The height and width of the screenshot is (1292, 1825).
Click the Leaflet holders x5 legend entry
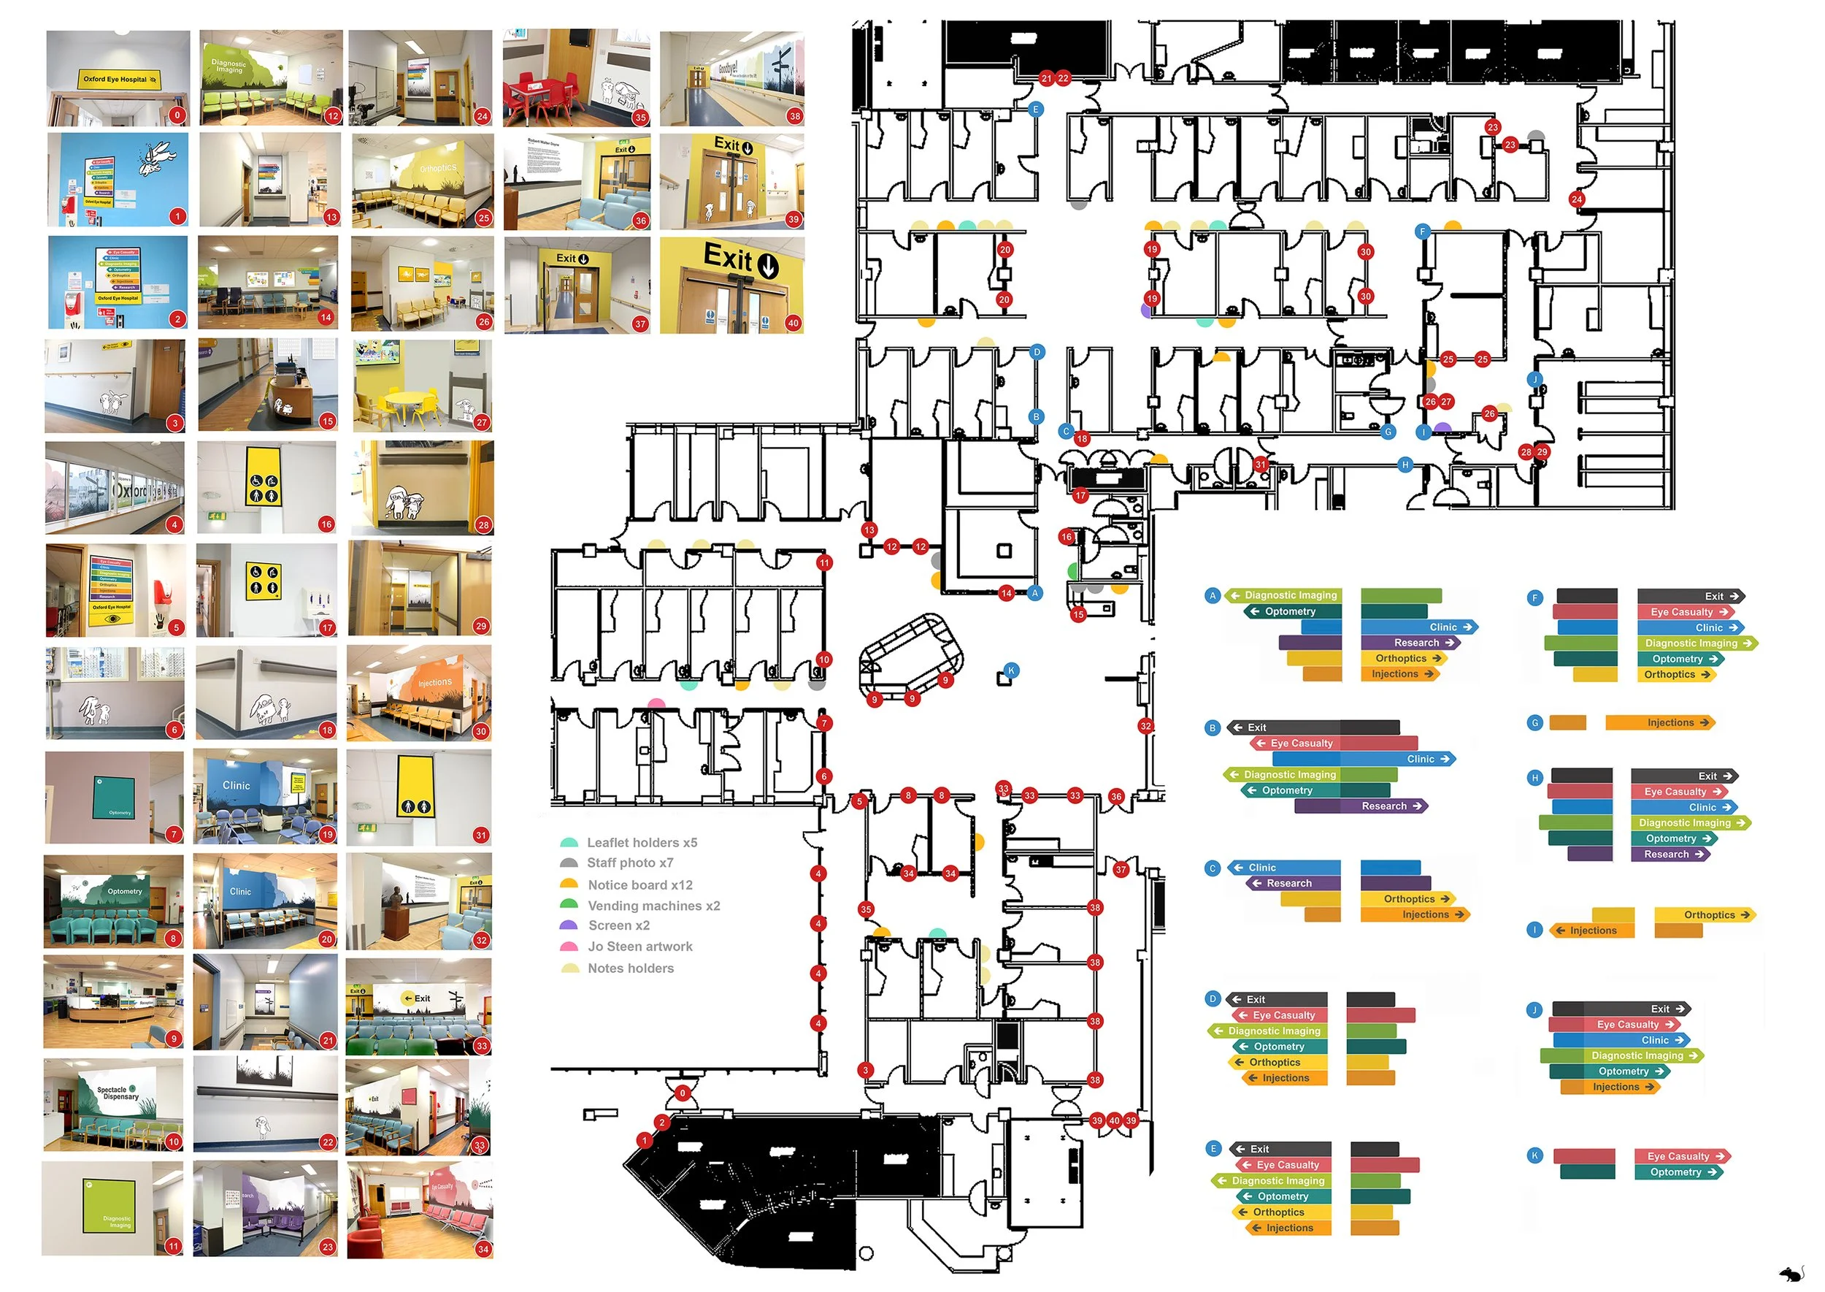[641, 843]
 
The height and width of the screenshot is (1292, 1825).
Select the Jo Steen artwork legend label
[639, 947]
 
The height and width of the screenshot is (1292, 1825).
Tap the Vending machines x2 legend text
[653, 906]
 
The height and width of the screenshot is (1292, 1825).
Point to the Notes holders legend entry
[630, 968]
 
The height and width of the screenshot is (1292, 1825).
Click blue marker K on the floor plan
[1011, 670]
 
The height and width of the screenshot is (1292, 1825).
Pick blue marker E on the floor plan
[1035, 110]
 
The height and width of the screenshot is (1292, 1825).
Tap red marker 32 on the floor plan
[1146, 725]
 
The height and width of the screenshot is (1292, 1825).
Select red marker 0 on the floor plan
[682, 1093]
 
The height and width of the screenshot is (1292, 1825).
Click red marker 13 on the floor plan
[869, 530]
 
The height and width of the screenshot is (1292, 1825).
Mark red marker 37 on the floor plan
[1121, 870]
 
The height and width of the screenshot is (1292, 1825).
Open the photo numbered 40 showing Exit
[731, 285]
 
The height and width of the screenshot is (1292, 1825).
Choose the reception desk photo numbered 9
[114, 1002]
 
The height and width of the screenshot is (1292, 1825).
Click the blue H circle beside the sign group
[1534, 778]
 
